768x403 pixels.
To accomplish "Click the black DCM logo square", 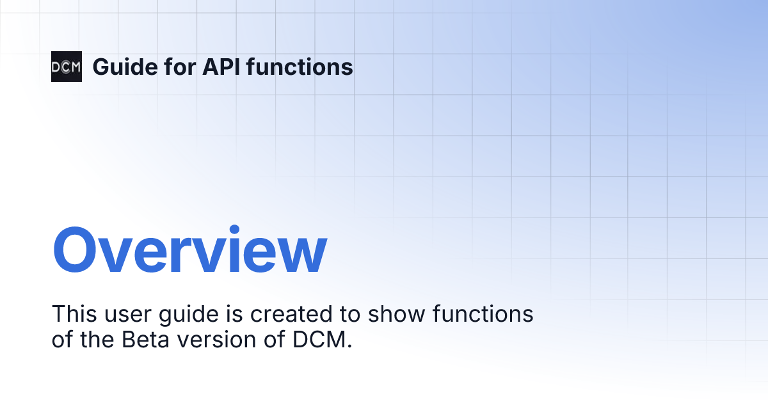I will [67, 67].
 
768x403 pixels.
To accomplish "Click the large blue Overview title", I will [189, 250].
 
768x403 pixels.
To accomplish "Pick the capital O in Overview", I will [78, 250].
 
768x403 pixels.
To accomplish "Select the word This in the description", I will [72, 314].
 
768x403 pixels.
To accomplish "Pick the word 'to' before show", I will [344, 315].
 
